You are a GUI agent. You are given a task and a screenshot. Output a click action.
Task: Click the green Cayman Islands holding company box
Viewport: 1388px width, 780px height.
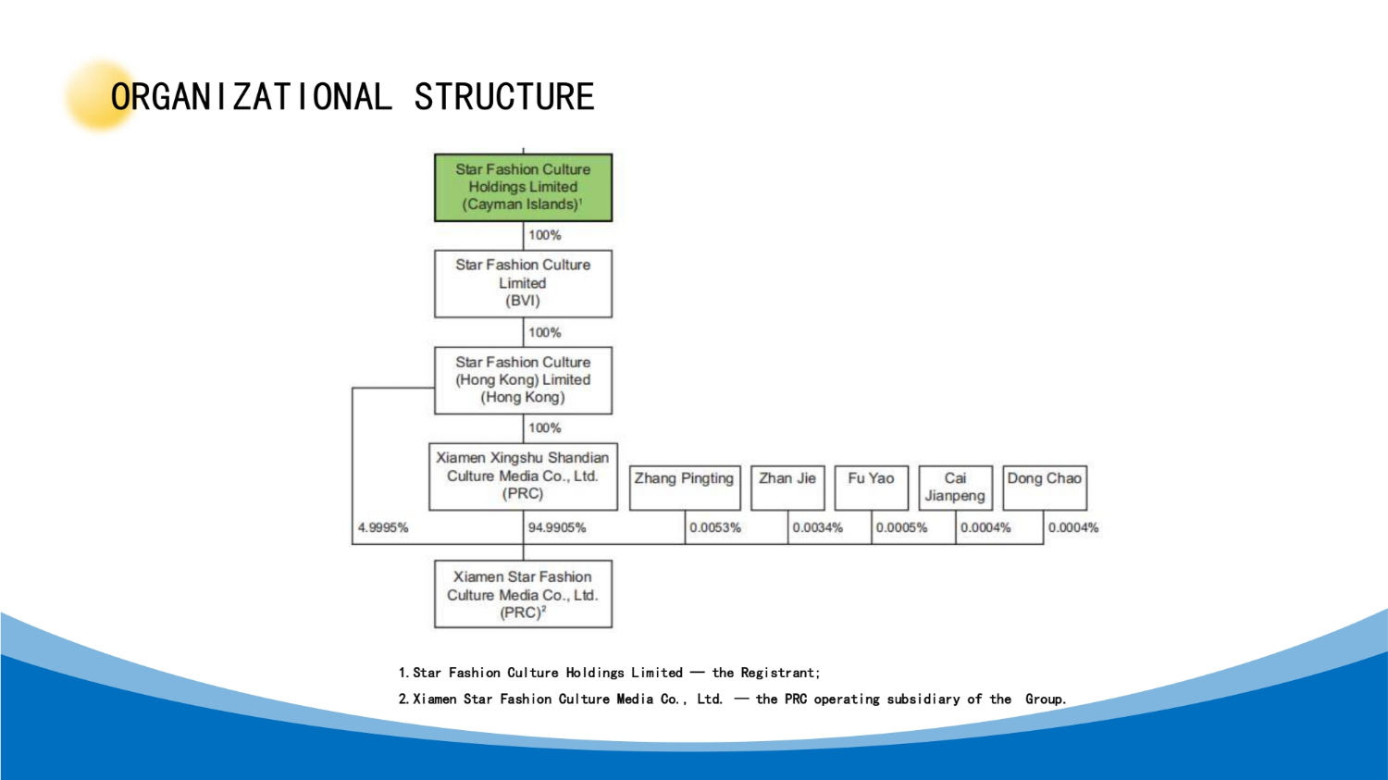coord(523,187)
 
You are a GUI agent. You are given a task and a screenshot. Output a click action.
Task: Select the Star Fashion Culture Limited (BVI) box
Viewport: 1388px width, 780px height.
coord(523,284)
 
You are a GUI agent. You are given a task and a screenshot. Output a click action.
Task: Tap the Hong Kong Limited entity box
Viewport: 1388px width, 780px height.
coord(523,379)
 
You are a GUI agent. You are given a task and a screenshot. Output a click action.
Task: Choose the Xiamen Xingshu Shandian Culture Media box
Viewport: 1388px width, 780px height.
coord(523,477)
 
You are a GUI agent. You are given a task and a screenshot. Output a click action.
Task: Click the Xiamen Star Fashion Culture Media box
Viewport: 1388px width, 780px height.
coord(523,594)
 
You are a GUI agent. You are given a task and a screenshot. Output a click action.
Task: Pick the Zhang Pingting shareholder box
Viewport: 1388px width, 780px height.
coord(685,489)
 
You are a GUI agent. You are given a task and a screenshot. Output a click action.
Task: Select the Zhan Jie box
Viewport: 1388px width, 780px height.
coord(787,489)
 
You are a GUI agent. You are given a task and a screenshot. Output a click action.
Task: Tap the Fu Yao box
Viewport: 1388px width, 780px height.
coord(872,489)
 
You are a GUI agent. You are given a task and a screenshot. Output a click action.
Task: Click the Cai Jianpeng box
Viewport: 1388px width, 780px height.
coord(956,489)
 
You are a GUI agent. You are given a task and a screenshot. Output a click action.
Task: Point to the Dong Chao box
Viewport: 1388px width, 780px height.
coord(1044,489)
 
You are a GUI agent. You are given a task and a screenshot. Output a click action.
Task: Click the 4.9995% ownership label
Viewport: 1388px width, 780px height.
coord(383,527)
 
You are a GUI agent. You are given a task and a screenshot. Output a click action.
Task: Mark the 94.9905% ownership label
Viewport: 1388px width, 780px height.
coord(557,527)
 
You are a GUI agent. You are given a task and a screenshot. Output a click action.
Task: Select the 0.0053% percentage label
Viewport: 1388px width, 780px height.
coord(715,527)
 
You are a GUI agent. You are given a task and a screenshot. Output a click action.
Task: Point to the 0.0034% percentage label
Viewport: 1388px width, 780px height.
coord(817,527)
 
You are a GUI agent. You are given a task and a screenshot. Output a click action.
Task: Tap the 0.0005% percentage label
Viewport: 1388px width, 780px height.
coord(901,527)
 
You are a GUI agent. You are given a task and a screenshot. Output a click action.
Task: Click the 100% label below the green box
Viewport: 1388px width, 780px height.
coord(545,235)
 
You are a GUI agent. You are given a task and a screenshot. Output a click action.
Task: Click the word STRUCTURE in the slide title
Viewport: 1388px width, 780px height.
coord(504,96)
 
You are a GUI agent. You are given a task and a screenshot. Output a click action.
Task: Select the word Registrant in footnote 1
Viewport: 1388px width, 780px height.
coord(780,673)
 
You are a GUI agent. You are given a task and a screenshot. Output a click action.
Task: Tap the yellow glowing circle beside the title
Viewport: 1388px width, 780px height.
coord(100,95)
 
